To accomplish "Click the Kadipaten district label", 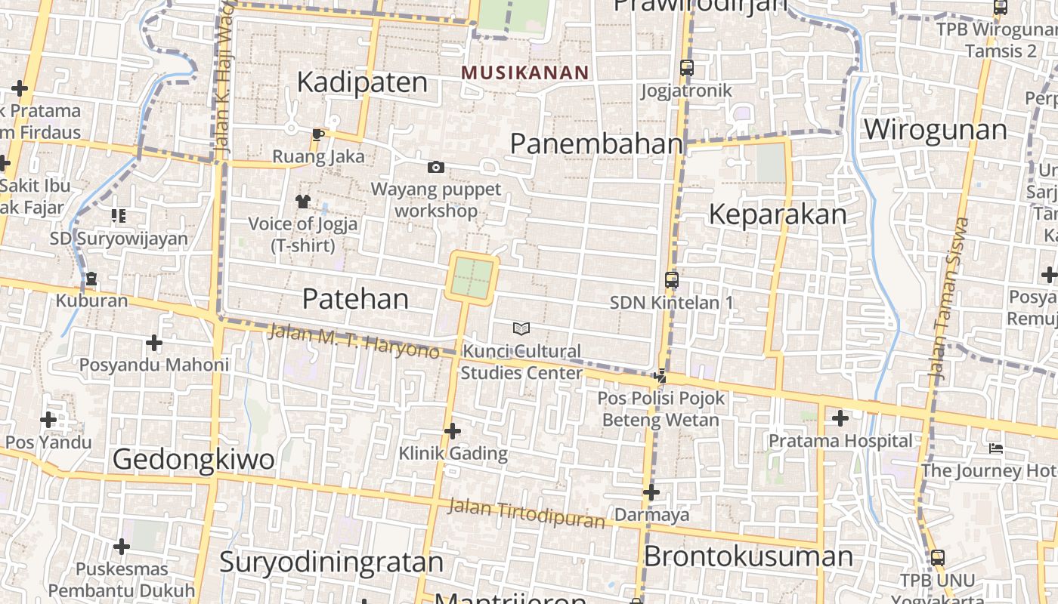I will pyautogui.click(x=362, y=82).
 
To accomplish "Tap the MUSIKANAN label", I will pyautogui.click(x=524, y=72).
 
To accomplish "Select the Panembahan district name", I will pyautogui.click(x=596, y=143).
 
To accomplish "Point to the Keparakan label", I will pyautogui.click(x=778, y=214).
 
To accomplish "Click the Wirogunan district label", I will pyautogui.click(x=936, y=129).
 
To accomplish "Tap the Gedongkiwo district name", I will pyautogui.click(x=193, y=458).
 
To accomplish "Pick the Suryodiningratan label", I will pyautogui.click(x=331, y=562).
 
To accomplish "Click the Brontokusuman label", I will pyautogui.click(x=748, y=556).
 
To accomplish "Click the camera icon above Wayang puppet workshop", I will pyautogui.click(x=436, y=167).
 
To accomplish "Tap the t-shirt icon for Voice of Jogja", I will pyautogui.click(x=302, y=201).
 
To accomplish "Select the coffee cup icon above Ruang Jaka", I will pyautogui.click(x=318, y=134).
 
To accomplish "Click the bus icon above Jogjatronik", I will pyautogui.click(x=686, y=68).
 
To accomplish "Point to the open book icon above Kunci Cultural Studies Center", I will pyautogui.click(x=521, y=328).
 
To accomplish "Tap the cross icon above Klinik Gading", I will pyautogui.click(x=453, y=431).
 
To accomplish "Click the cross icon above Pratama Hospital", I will pyautogui.click(x=840, y=418).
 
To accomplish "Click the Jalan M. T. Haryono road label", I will pyautogui.click(x=353, y=341).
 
